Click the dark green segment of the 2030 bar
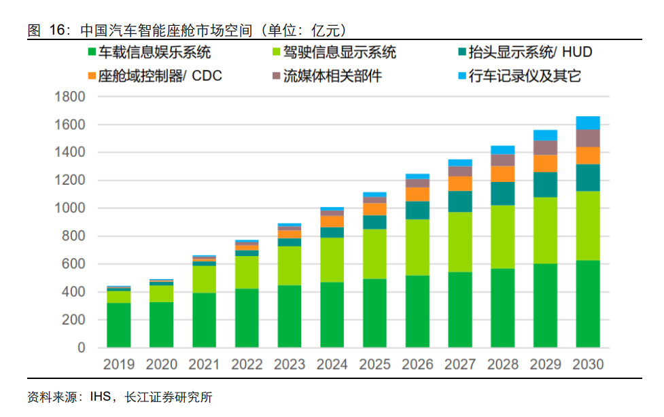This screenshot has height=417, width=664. [587, 304]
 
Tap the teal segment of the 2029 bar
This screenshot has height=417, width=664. [544, 185]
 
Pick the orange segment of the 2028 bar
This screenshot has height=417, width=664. [502, 174]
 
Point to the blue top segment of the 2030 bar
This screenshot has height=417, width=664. [587, 123]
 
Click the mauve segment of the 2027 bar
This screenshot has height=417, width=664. [460, 171]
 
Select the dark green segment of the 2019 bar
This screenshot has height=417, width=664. [119, 325]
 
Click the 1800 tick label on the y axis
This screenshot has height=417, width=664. [70, 97]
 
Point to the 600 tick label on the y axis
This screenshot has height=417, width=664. [74, 264]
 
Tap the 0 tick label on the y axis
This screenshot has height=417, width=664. [81, 348]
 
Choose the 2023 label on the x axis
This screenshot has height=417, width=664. [289, 365]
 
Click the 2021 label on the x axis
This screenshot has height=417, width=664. [204, 365]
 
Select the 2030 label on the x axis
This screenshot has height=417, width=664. [587, 365]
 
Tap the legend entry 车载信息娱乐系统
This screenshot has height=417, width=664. [154, 52]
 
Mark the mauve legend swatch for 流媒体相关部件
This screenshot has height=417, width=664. [277, 76]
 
